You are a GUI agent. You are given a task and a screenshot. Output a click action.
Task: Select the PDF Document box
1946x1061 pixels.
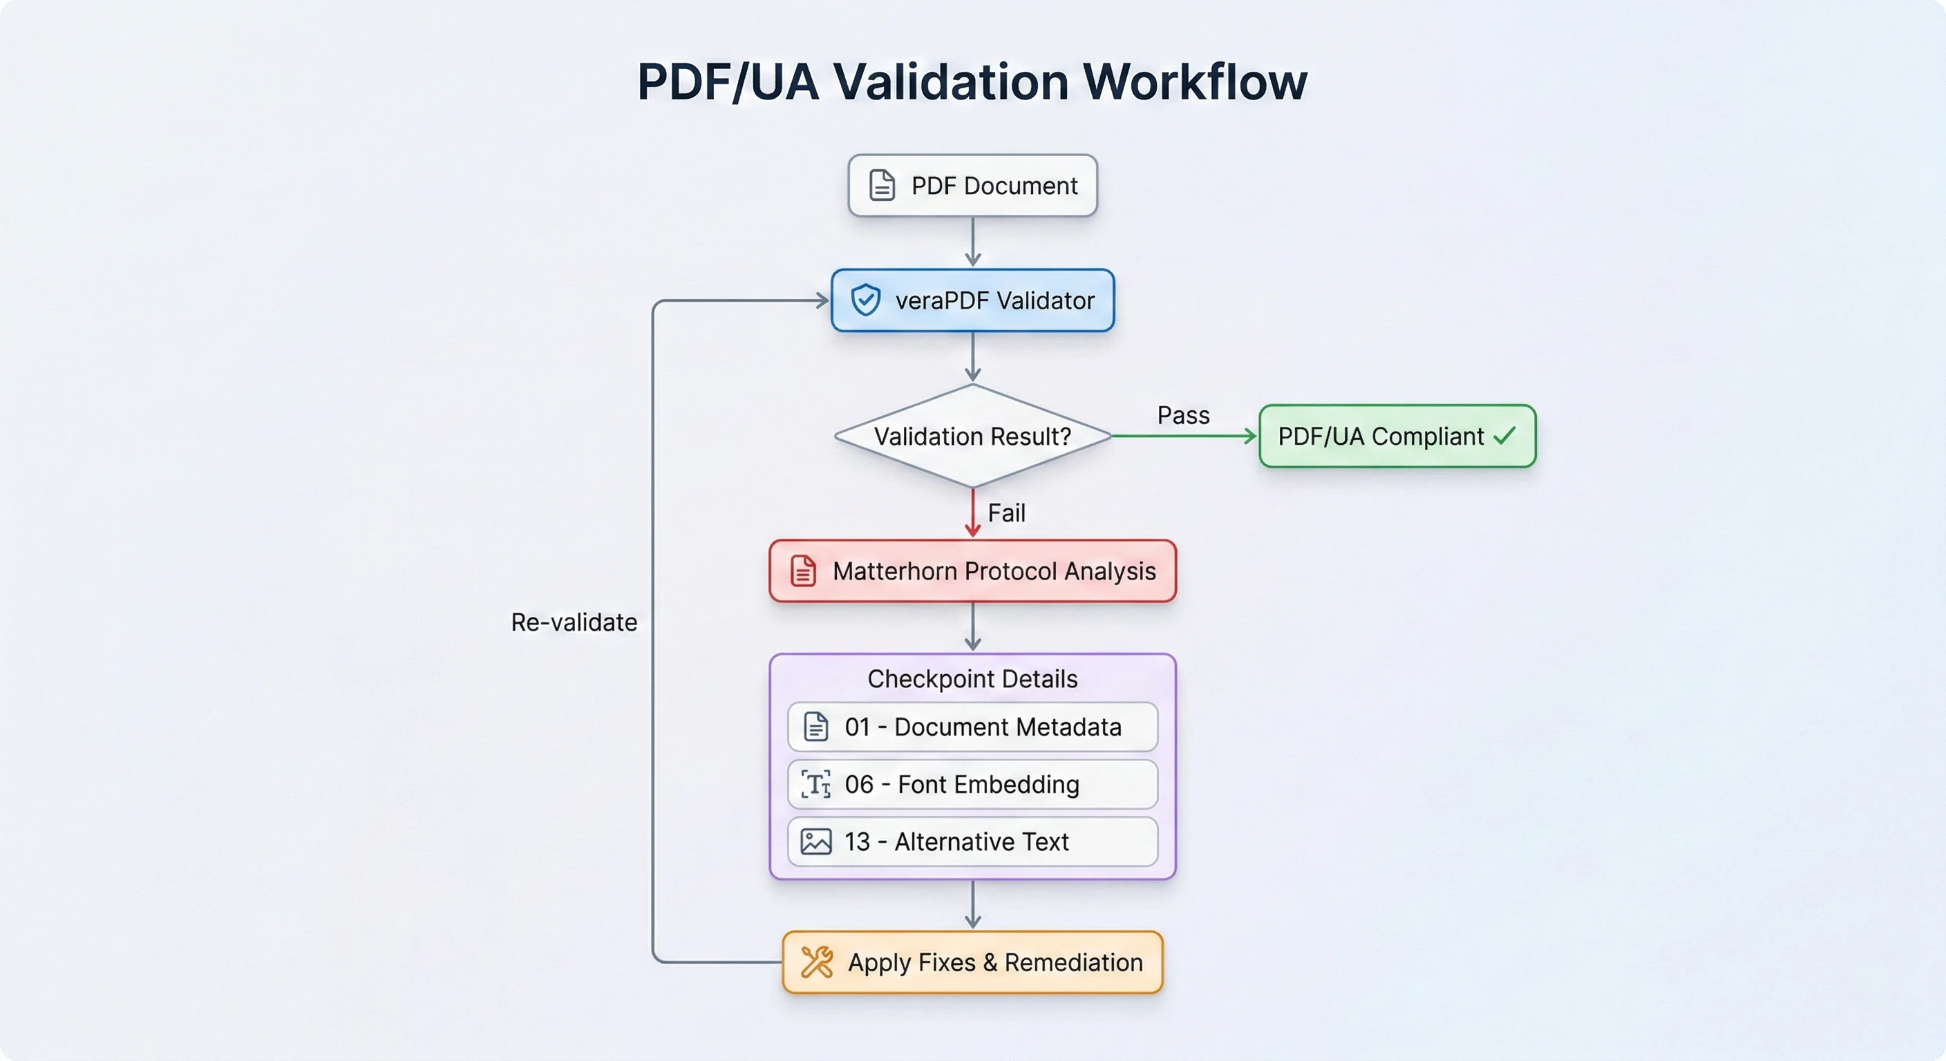[x=972, y=186]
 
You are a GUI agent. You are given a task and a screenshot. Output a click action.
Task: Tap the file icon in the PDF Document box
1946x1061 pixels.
[x=882, y=185]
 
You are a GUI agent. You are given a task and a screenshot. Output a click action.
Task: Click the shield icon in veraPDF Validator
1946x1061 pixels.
[x=865, y=300]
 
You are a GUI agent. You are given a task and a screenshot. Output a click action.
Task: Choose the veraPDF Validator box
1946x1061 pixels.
[x=972, y=300]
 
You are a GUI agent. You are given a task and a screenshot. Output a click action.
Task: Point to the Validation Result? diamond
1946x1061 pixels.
[x=972, y=437]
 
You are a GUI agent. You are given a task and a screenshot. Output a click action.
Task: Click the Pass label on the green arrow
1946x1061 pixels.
[x=1183, y=415]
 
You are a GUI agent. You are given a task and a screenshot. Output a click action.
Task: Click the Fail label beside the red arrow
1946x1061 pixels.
[x=1006, y=513]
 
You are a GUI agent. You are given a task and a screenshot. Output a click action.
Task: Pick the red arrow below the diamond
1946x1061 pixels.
[x=973, y=513]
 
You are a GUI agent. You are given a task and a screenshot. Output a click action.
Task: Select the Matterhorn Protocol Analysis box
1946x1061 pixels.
[x=972, y=571]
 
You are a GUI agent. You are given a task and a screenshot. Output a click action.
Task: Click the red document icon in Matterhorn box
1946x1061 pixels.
[x=803, y=571]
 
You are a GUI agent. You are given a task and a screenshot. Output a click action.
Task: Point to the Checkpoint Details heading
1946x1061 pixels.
[x=972, y=679]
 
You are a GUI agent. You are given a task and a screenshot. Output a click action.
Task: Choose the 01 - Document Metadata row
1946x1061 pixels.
[x=972, y=727]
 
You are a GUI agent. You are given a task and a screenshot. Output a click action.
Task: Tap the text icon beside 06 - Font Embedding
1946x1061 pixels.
[x=816, y=785]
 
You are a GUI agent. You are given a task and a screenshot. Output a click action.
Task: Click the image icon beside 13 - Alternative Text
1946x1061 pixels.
[x=816, y=841]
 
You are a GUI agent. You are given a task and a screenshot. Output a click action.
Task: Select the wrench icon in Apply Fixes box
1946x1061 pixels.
[x=817, y=962]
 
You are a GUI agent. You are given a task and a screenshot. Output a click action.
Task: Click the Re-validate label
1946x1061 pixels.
[x=574, y=622]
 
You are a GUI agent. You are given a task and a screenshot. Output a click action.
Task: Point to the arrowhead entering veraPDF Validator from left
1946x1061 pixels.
[x=822, y=300]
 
